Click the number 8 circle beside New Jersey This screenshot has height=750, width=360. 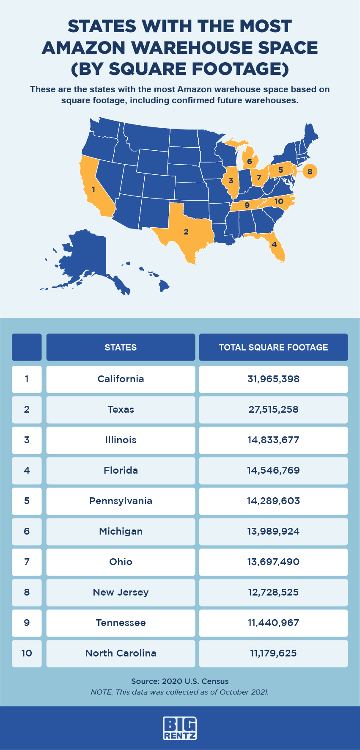[x=310, y=171]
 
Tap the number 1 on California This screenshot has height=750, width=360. [x=93, y=190]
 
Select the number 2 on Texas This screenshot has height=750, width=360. [x=186, y=232]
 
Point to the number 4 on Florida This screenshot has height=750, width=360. [x=274, y=244]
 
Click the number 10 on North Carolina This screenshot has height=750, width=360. [x=278, y=201]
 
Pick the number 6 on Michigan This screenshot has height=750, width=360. [x=250, y=161]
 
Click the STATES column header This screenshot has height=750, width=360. [x=121, y=347]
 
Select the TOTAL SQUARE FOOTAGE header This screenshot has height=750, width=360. [x=273, y=347]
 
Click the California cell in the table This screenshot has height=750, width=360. [x=121, y=379]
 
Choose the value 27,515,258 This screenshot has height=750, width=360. [x=273, y=409]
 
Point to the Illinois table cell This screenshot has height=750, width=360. [x=121, y=440]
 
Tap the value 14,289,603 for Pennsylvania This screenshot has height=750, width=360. [x=273, y=501]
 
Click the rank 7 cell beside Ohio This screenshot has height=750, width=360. [x=27, y=562]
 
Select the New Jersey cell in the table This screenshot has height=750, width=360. [x=121, y=592]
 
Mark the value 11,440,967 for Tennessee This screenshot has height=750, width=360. [x=273, y=623]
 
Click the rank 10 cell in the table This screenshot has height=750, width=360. [x=27, y=653]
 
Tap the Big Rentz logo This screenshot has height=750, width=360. [x=180, y=728]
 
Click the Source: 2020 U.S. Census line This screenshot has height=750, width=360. [x=180, y=681]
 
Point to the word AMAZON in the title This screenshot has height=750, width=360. [x=84, y=48]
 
